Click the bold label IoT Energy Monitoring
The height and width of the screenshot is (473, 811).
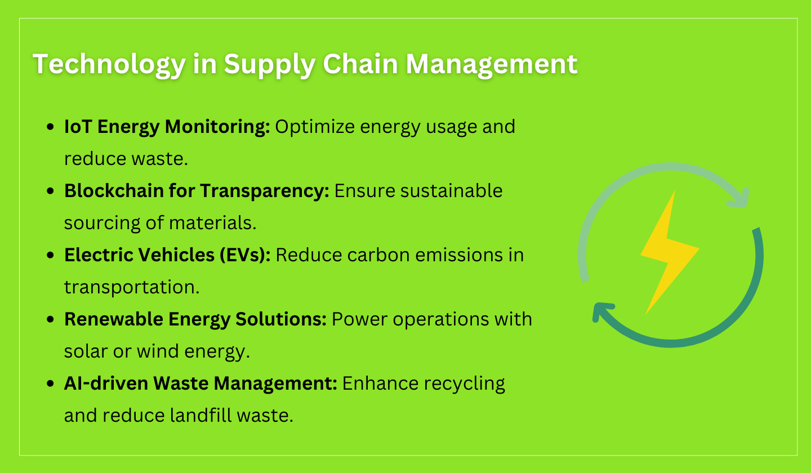point(167,127)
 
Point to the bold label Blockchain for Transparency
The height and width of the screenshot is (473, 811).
point(197,191)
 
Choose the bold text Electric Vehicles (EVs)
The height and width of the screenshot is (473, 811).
point(167,255)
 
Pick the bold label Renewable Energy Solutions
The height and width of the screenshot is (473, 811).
point(195,319)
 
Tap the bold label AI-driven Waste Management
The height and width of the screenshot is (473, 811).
point(200,383)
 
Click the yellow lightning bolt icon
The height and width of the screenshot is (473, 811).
point(669,251)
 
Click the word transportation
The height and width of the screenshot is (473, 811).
point(131,287)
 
